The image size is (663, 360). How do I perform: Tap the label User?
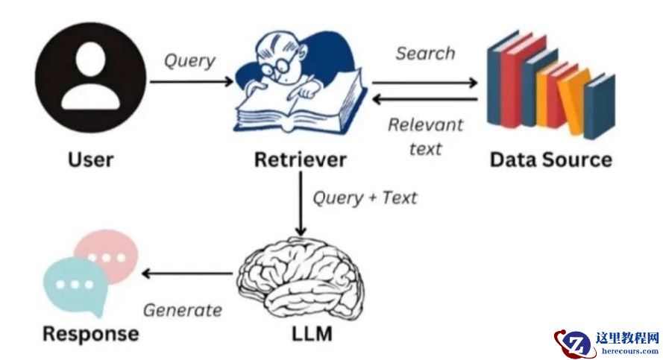[90, 160]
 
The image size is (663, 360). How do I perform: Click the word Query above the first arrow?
[189, 60]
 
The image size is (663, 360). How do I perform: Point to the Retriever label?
[300, 160]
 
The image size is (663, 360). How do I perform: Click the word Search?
[424, 54]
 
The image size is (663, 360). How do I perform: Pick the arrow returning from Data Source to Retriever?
[424, 99]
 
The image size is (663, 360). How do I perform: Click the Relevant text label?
[425, 136]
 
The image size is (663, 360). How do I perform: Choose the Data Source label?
[550, 160]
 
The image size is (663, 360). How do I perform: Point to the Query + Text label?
[365, 198]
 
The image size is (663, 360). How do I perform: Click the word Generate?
[183, 309]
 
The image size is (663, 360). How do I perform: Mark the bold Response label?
[90, 333]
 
